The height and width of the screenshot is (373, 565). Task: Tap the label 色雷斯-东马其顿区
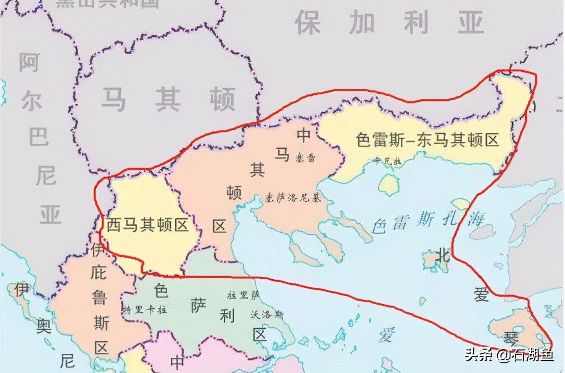click(x=427, y=140)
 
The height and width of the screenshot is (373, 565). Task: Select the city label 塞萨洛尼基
click(x=292, y=198)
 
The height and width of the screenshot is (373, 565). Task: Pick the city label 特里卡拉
click(x=145, y=309)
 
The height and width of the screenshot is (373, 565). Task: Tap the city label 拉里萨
click(x=244, y=295)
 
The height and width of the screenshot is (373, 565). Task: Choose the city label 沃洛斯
click(x=267, y=314)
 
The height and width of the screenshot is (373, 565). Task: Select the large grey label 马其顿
click(x=168, y=99)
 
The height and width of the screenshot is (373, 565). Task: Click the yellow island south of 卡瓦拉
click(x=389, y=184)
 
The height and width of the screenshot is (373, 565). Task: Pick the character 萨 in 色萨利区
click(x=197, y=305)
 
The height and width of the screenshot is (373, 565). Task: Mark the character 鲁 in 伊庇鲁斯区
click(x=99, y=297)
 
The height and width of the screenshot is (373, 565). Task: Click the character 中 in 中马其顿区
click(x=304, y=135)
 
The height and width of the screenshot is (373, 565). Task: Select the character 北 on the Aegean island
click(x=443, y=256)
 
